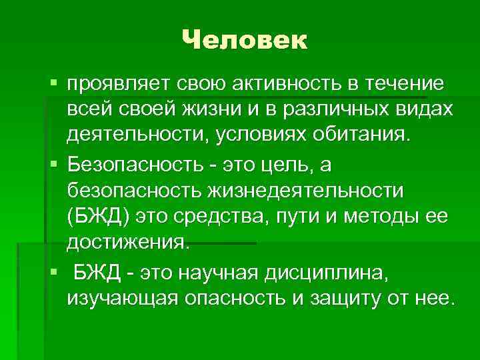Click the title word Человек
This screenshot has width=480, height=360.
[245, 41]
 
